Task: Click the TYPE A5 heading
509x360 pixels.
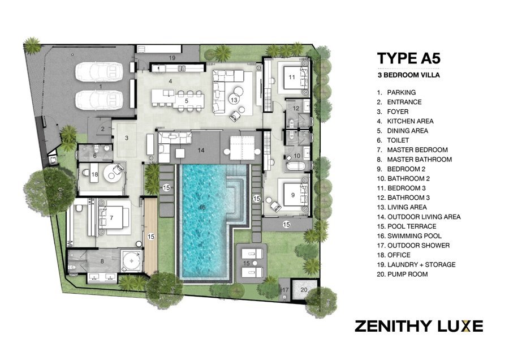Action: coord(409,58)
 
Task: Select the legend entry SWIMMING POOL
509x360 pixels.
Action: coord(414,236)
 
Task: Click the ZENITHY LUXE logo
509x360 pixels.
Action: coord(419,326)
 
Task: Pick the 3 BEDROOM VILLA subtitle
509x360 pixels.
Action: coord(408,75)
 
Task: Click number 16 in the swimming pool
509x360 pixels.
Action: coord(202,207)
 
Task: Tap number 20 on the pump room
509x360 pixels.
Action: coord(304,289)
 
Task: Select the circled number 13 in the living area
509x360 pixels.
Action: coord(234,100)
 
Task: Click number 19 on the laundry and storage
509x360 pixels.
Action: coord(172,58)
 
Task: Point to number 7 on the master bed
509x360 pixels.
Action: coord(111,218)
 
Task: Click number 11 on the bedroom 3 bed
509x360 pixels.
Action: coord(291,78)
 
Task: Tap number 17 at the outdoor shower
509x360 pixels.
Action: coord(285,289)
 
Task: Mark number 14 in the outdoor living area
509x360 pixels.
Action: coord(201,150)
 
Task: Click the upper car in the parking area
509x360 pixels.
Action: coord(100,71)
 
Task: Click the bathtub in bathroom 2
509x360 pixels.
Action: coord(295,167)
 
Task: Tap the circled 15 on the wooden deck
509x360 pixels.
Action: coord(150,237)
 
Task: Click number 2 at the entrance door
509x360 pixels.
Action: coord(102,129)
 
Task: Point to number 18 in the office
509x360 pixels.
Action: coord(94,174)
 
